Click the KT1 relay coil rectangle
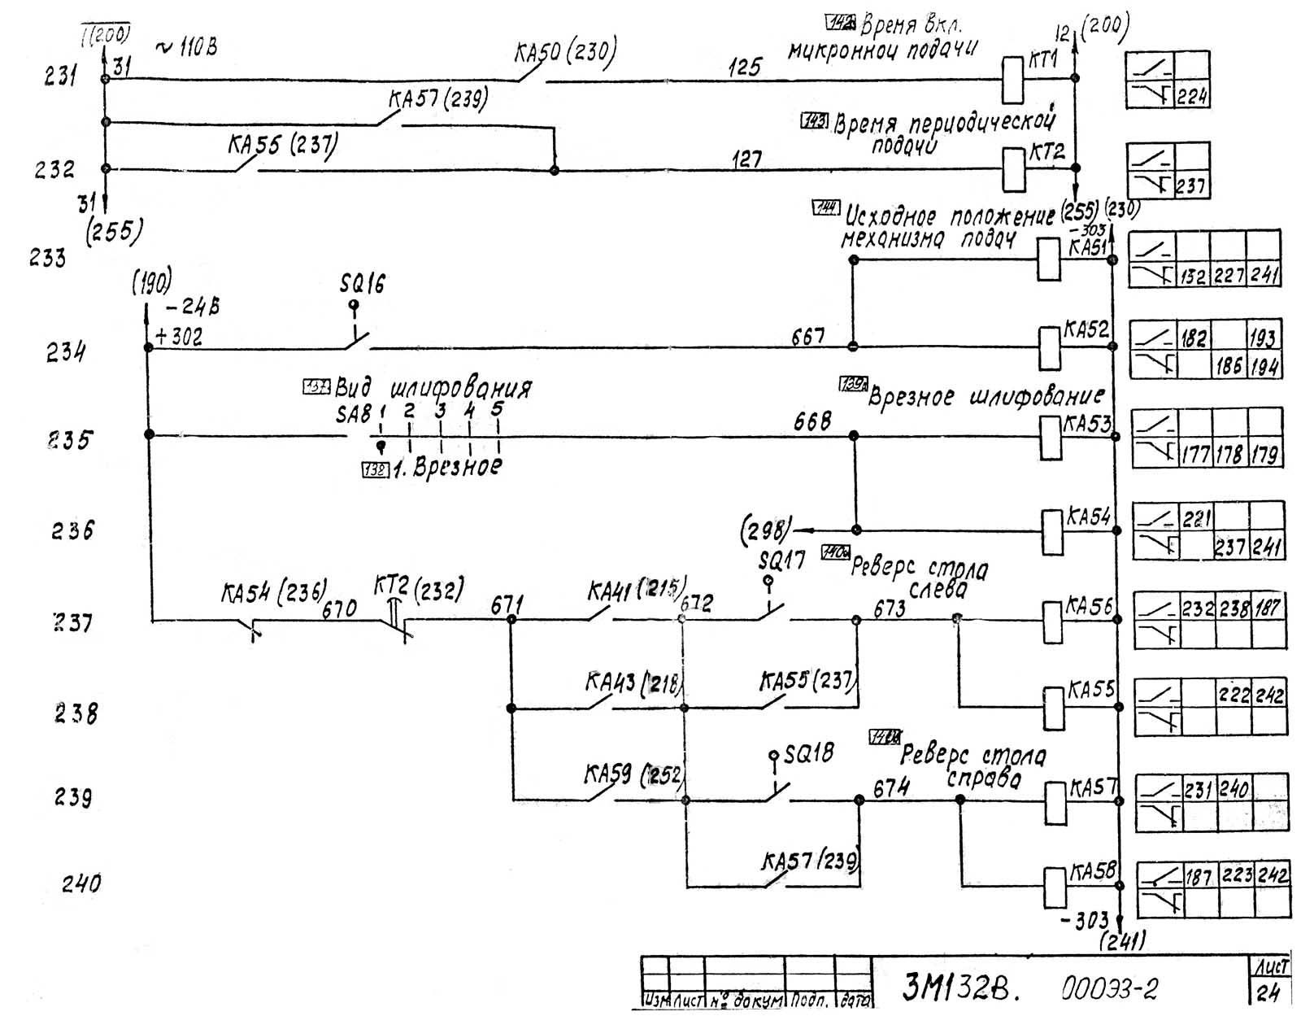click(1012, 81)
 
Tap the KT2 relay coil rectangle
click(1013, 169)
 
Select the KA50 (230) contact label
click(565, 52)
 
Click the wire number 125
click(744, 67)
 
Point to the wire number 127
click(746, 159)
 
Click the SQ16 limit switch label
click(363, 284)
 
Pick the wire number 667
click(808, 336)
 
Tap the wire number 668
click(812, 421)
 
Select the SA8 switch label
click(354, 414)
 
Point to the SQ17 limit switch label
click(781, 560)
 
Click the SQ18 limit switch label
click(808, 753)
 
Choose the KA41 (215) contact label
click(636, 590)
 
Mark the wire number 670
click(339, 608)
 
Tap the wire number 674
click(891, 788)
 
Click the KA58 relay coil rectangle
click(1055, 887)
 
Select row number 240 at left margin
click(81, 883)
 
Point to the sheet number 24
click(1268, 992)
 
